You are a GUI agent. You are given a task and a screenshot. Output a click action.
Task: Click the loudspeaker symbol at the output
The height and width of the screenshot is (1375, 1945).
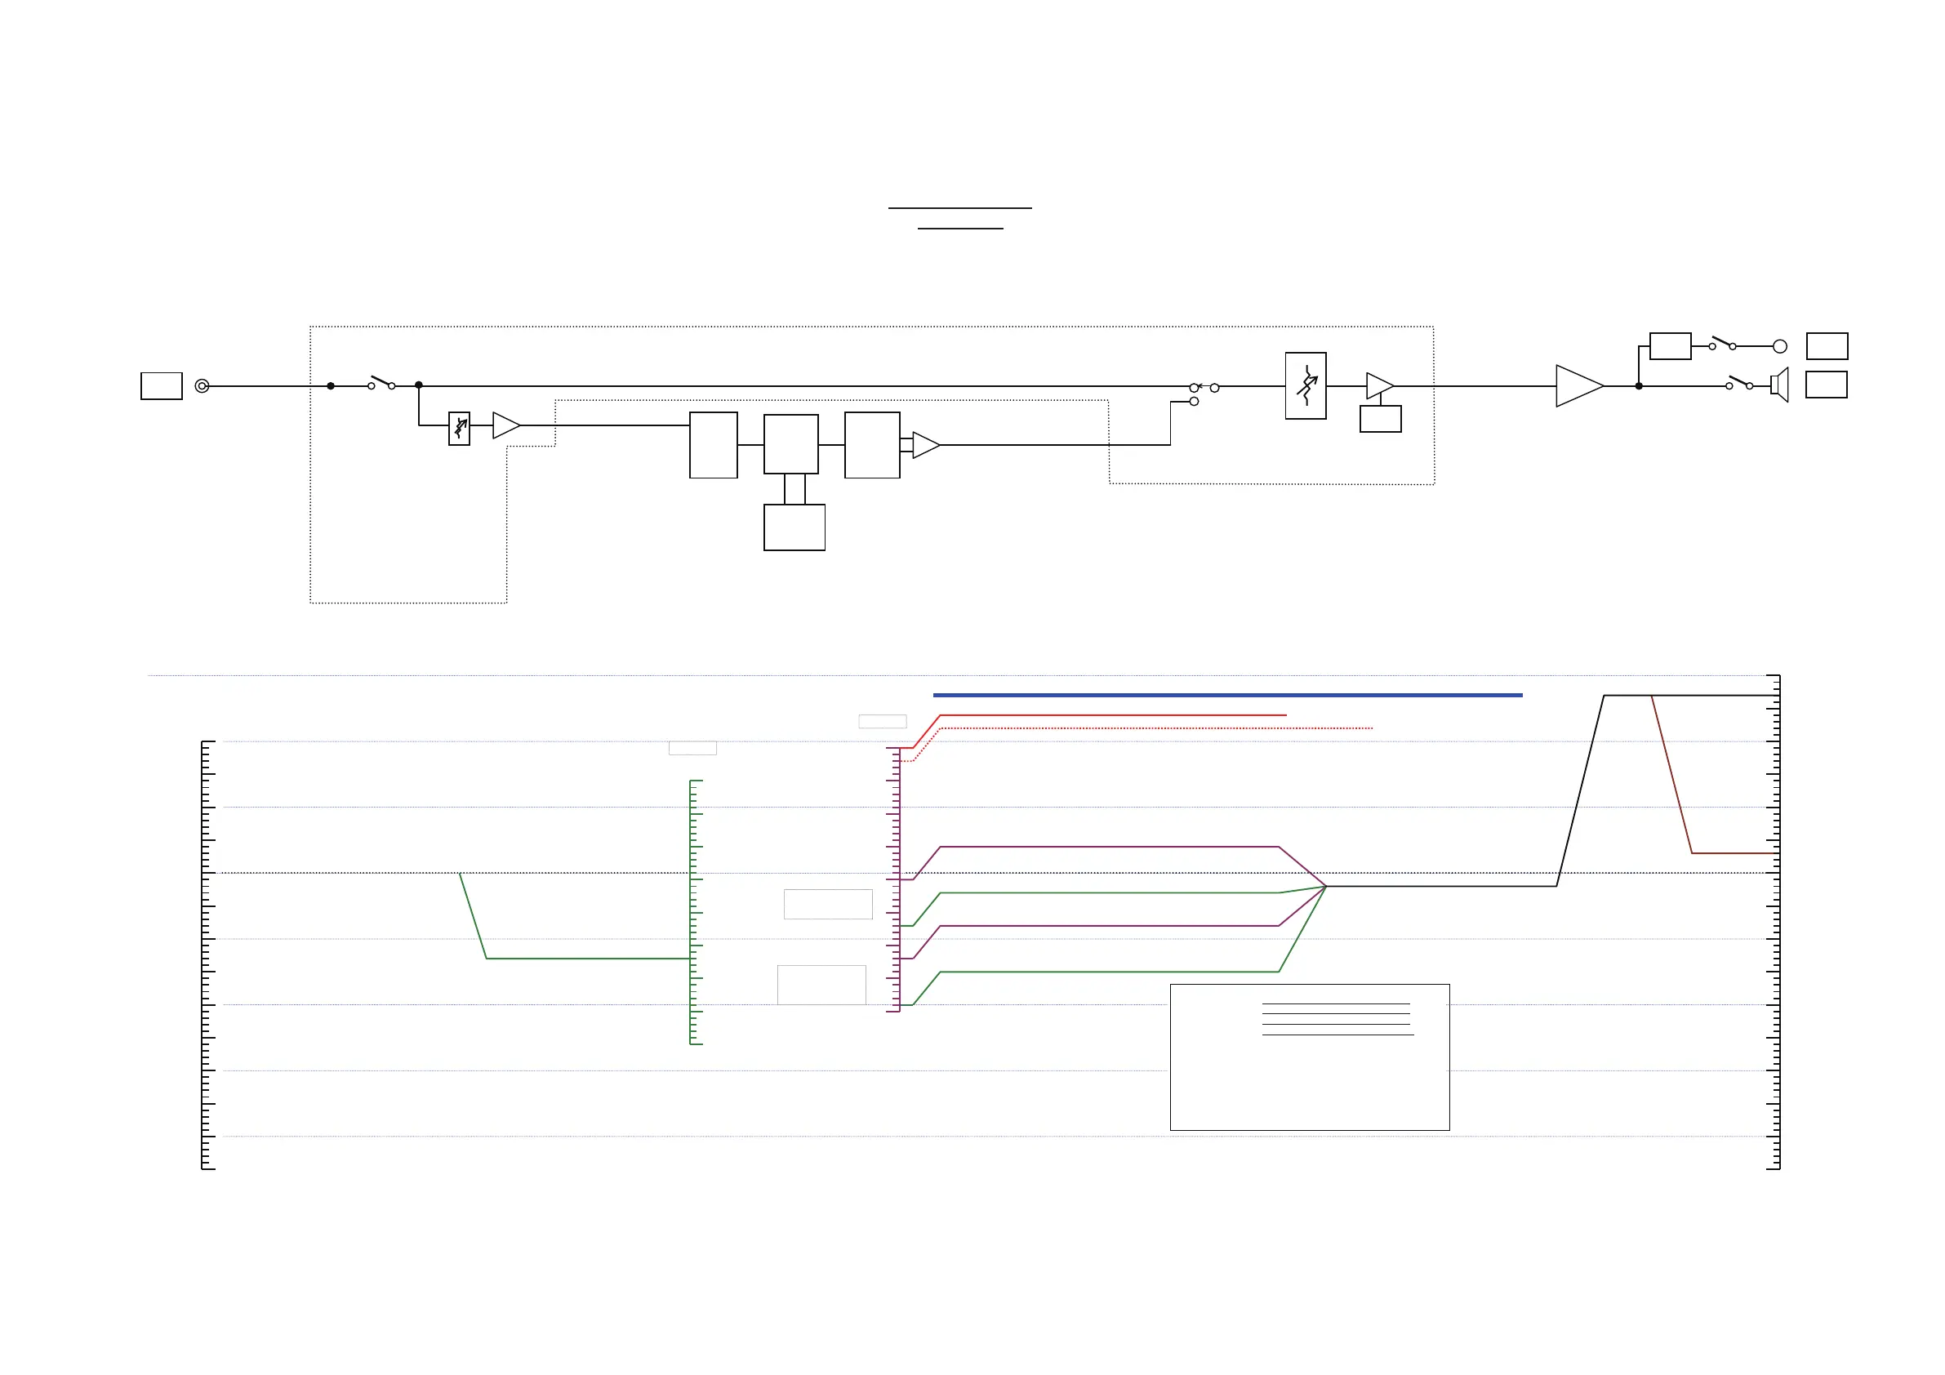[x=1780, y=385]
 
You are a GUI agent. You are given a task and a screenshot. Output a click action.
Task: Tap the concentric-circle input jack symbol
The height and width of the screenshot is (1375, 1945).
[x=202, y=386]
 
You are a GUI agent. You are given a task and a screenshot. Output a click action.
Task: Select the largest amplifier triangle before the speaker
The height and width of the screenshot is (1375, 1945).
[x=1578, y=386]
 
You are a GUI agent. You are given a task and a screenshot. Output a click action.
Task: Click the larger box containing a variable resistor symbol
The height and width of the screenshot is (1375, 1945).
[x=1306, y=386]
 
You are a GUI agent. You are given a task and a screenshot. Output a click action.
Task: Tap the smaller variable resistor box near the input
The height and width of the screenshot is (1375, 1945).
[x=459, y=429]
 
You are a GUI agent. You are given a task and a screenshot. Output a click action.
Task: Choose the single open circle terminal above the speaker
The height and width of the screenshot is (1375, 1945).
[x=1780, y=346]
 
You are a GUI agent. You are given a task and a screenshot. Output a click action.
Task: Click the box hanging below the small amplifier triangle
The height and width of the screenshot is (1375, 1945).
[x=1380, y=420]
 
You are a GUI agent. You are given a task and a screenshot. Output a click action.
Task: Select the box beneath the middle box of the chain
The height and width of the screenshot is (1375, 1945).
[x=794, y=527]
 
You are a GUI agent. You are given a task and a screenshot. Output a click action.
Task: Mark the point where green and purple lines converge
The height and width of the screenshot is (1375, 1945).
[x=1326, y=886]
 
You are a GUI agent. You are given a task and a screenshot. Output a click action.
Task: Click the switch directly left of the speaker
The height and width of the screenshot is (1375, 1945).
[x=1740, y=383]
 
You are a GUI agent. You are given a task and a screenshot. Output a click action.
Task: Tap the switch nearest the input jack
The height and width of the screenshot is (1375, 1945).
[x=381, y=383]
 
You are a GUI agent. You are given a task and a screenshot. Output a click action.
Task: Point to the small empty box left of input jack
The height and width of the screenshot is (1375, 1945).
[x=161, y=386]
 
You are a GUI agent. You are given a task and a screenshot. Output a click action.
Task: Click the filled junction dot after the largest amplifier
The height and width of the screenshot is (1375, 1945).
[x=1638, y=386]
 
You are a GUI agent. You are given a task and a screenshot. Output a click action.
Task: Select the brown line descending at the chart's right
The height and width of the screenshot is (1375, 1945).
[x=1671, y=774]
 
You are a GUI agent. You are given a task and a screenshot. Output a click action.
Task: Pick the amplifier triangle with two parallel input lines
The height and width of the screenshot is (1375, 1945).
[x=924, y=445]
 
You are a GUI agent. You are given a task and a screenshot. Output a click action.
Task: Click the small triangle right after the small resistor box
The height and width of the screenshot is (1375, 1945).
[x=505, y=425]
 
